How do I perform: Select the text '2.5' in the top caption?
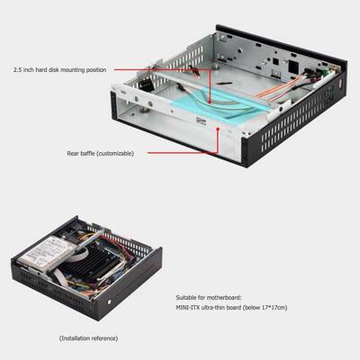(18, 69)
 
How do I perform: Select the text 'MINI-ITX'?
(190, 307)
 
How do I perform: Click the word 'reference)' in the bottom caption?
(103, 338)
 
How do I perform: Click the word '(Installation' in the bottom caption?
(73, 338)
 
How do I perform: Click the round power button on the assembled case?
(109, 301)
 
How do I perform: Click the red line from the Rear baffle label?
(180, 152)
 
